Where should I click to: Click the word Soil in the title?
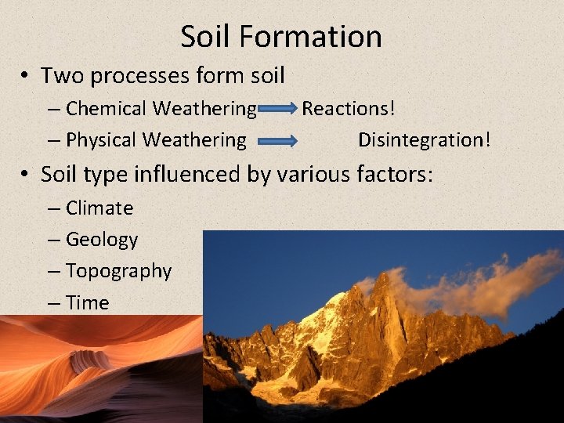point(206,36)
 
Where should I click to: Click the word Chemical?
point(106,108)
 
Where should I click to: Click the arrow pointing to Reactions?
point(278,110)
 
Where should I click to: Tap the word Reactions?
point(349,108)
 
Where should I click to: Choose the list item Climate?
point(99,208)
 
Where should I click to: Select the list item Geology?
point(102,240)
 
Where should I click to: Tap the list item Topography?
point(118,271)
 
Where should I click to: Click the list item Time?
point(88,302)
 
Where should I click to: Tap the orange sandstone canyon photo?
point(94,368)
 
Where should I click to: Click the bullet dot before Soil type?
point(26,174)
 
